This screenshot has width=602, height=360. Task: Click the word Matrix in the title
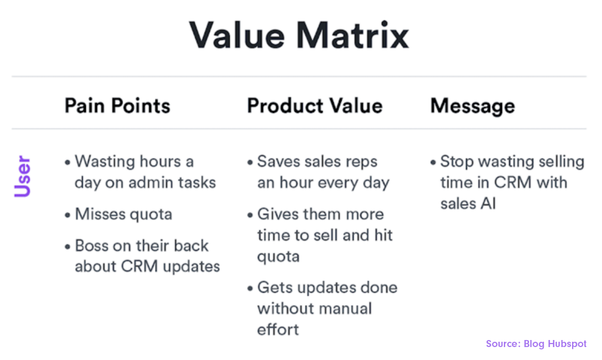(x=352, y=35)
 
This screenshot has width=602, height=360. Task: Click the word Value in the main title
(x=237, y=35)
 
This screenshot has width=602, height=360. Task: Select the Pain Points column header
(x=117, y=106)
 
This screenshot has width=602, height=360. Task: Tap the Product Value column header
(x=315, y=106)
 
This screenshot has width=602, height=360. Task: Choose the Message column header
(x=473, y=106)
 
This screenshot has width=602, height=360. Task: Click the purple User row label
(x=22, y=176)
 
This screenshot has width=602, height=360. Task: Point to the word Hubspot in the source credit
(x=567, y=344)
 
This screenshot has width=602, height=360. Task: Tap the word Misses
(x=100, y=214)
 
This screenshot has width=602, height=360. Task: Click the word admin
(x=146, y=182)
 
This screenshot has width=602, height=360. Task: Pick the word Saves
(x=279, y=161)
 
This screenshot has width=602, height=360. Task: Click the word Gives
(x=278, y=214)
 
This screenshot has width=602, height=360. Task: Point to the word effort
(x=278, y=329)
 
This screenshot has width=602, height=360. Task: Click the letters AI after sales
(x=488, y=204)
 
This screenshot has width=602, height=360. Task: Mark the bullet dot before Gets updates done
(x=250, y=288)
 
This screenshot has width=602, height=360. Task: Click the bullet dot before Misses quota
(x=68, y=215)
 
